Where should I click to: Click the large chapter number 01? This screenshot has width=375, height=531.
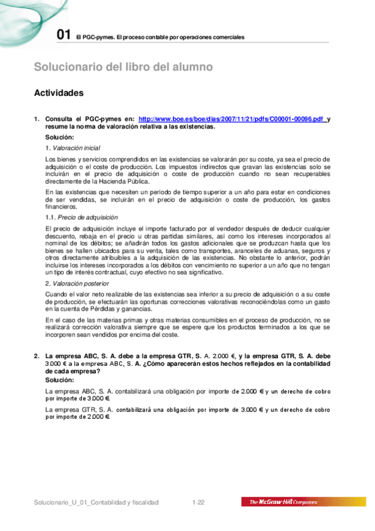(63, 35)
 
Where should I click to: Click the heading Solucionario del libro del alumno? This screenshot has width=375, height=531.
(123, 67)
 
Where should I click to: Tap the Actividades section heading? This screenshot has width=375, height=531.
(67, 93)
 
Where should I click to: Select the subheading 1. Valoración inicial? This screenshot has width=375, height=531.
(73, 147)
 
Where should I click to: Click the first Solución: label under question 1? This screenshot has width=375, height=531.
(60, 137)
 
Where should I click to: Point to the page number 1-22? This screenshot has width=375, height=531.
(199, 502)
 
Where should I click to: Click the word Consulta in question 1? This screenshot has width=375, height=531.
(61, 118)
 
